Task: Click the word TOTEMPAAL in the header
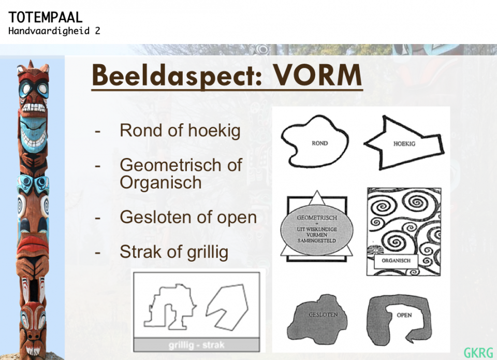(x=46, y=17)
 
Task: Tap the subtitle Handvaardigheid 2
(x=54, y=31)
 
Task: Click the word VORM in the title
(x=317, y=75)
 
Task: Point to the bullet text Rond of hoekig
(x=180, y=131)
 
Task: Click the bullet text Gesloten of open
(x=188, y=217)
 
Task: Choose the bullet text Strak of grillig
(x=174, y=252)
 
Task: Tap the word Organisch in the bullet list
(x=160, y=183)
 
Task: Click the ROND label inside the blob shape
(x=319, y=143)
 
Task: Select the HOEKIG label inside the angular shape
(x=404, y=143)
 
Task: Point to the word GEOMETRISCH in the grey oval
(x=317, y=218)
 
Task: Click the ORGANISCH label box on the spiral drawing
(x=396, y=261)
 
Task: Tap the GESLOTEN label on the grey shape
(x=323, y=314)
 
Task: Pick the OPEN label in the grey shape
(x=404, y=315)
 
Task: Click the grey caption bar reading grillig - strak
(x=197, y=345)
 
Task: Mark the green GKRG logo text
(x=478, y=353)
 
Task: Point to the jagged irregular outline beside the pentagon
(x=170, y=307)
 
